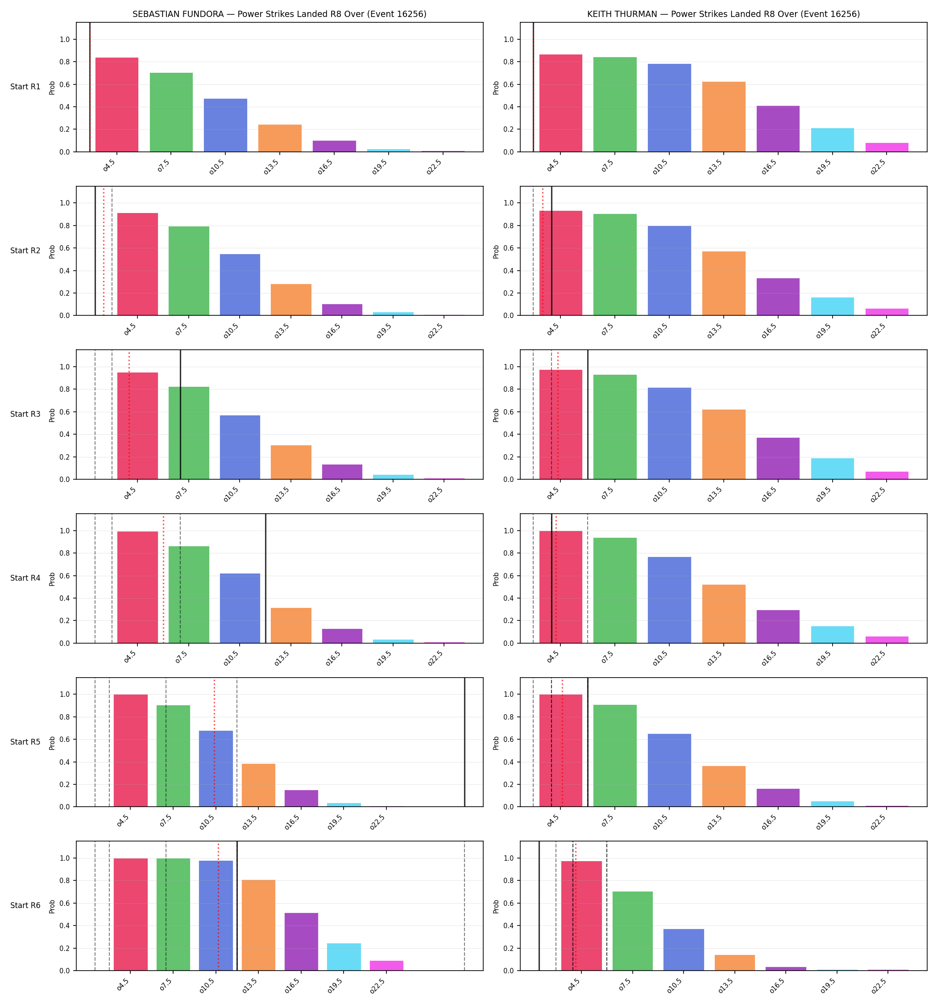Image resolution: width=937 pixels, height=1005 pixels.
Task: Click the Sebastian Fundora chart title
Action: point(279,14)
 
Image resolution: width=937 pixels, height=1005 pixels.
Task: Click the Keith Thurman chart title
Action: point(723,14)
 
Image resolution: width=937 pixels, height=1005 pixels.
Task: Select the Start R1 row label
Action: point(25,87)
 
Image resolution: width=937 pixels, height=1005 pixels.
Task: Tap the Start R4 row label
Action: point(25,578)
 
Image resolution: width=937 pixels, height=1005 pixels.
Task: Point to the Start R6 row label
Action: point(25,905)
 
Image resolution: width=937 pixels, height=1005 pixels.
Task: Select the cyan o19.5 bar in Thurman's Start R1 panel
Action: point(833,140)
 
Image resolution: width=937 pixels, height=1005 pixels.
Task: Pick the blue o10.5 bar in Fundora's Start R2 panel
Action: point(240,285)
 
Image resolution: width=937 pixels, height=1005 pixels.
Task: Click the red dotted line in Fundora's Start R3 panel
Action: point(129,415)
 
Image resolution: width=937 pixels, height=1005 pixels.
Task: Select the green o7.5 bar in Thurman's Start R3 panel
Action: point(615,427)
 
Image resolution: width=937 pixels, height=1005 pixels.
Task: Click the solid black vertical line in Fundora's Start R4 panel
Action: point(265,578)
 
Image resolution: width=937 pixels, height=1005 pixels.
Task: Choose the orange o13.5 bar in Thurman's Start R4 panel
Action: point(724,614)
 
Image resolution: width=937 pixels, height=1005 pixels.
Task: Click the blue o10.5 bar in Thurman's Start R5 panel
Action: point(669,770)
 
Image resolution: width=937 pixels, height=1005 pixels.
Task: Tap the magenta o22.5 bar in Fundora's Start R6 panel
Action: point(386,966)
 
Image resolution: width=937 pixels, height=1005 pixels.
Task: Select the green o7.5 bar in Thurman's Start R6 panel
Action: point(632,931)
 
